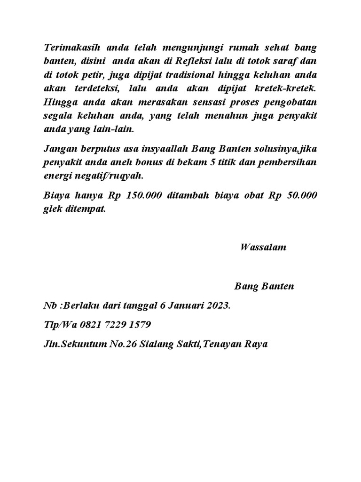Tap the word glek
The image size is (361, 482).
coord(52,209)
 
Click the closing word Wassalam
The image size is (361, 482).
coord(263,248)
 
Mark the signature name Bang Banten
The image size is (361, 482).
coord(264,287)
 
